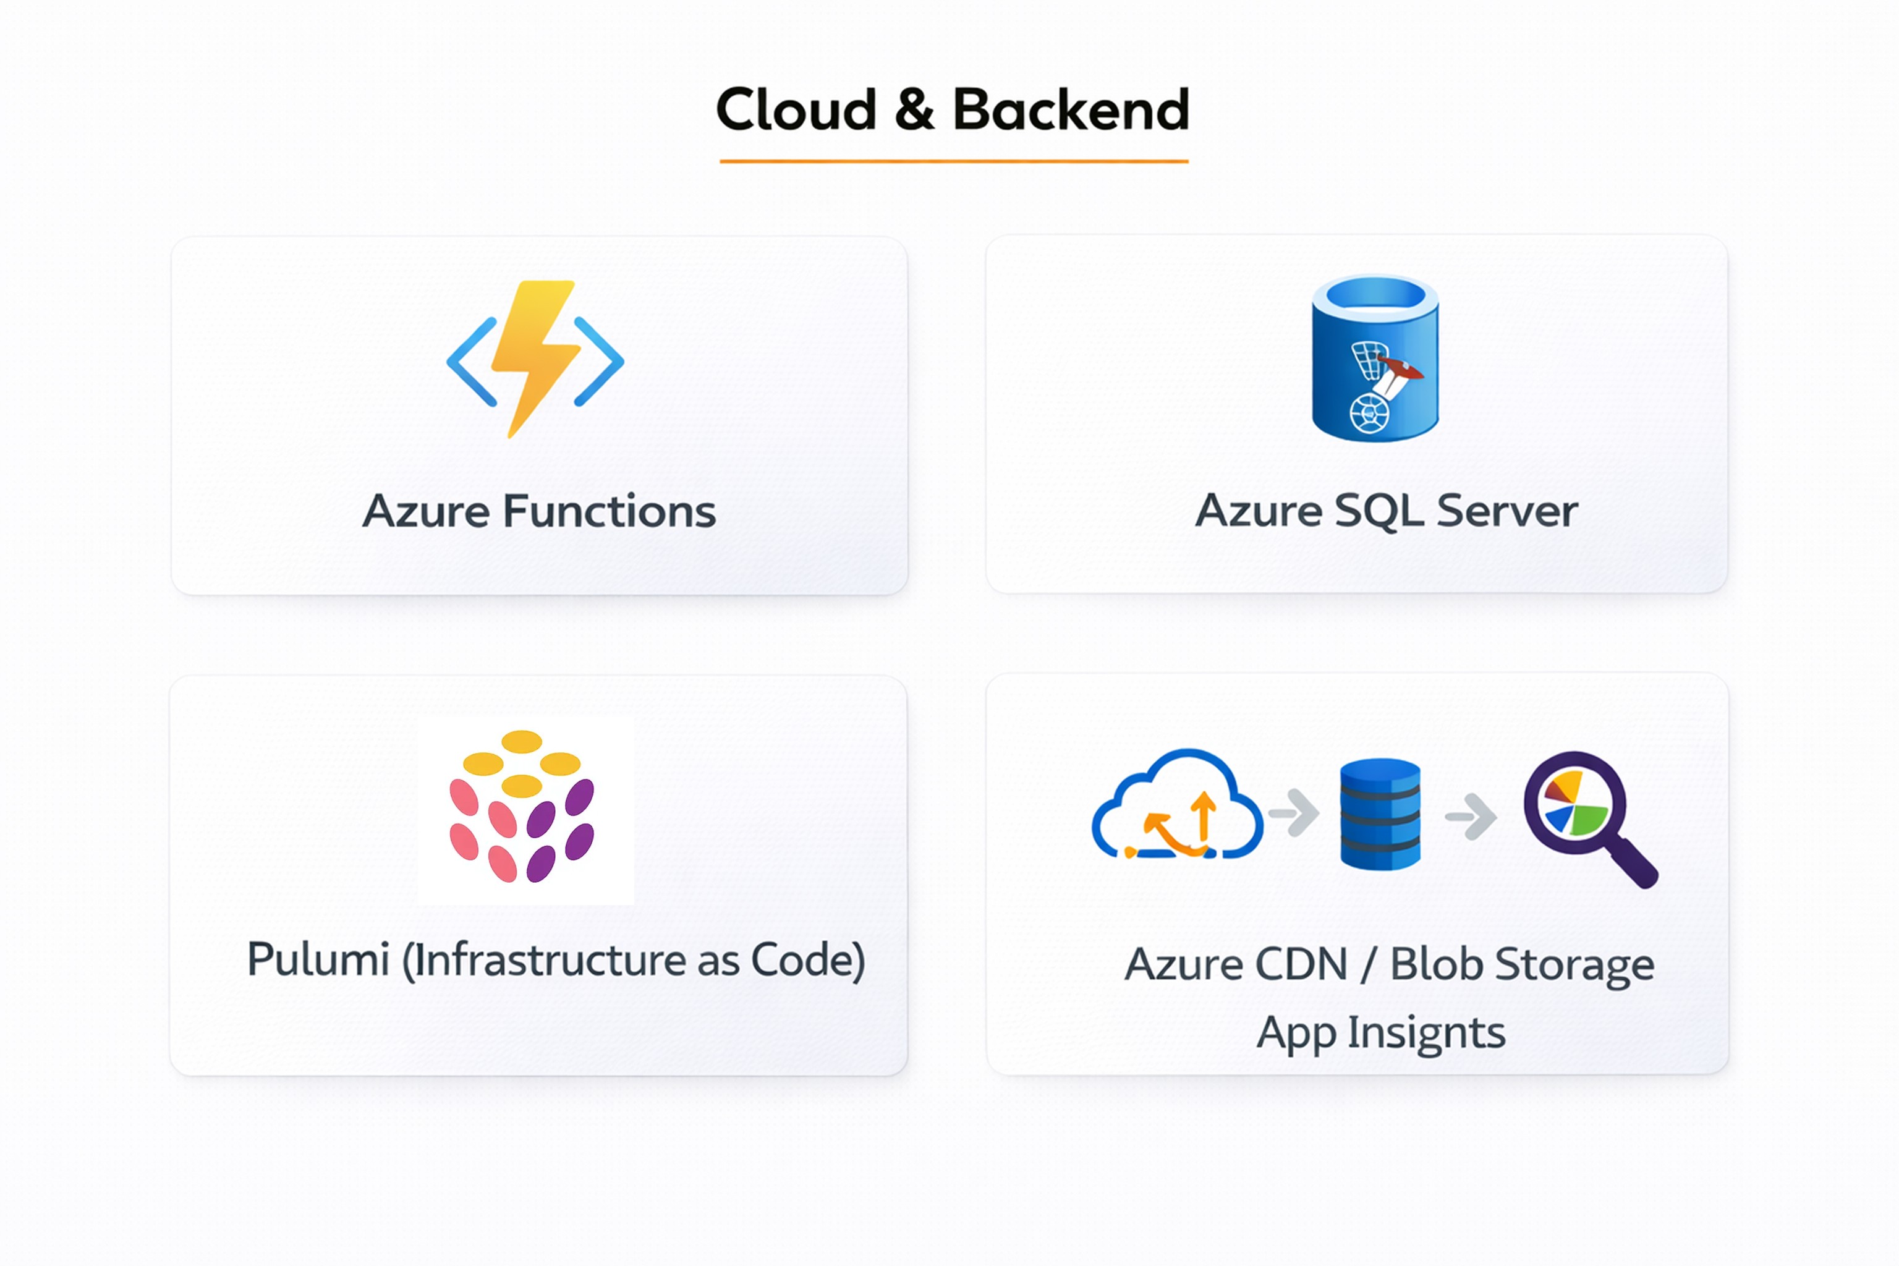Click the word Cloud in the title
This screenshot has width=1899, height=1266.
tap(796, 110)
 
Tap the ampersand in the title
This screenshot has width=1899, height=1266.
tap(914, 110)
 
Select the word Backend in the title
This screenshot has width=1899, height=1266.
tap(1071, 110)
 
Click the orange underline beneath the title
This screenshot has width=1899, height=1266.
tap(954, 161)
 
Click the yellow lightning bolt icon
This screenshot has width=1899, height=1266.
tap(535, 355)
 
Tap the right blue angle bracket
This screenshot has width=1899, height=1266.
tap(598, 362)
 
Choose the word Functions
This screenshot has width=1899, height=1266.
tap(609, 511)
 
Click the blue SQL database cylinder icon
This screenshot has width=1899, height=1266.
tap(1375, 358)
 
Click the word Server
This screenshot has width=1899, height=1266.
tap(1506, 511)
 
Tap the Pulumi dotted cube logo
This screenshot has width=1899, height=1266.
tap(522, 807)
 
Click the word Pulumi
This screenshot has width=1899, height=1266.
tap(318, 960)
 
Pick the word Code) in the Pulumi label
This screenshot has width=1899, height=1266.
tap(808, 960)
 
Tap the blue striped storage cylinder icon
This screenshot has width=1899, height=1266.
tap(1380, 814)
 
